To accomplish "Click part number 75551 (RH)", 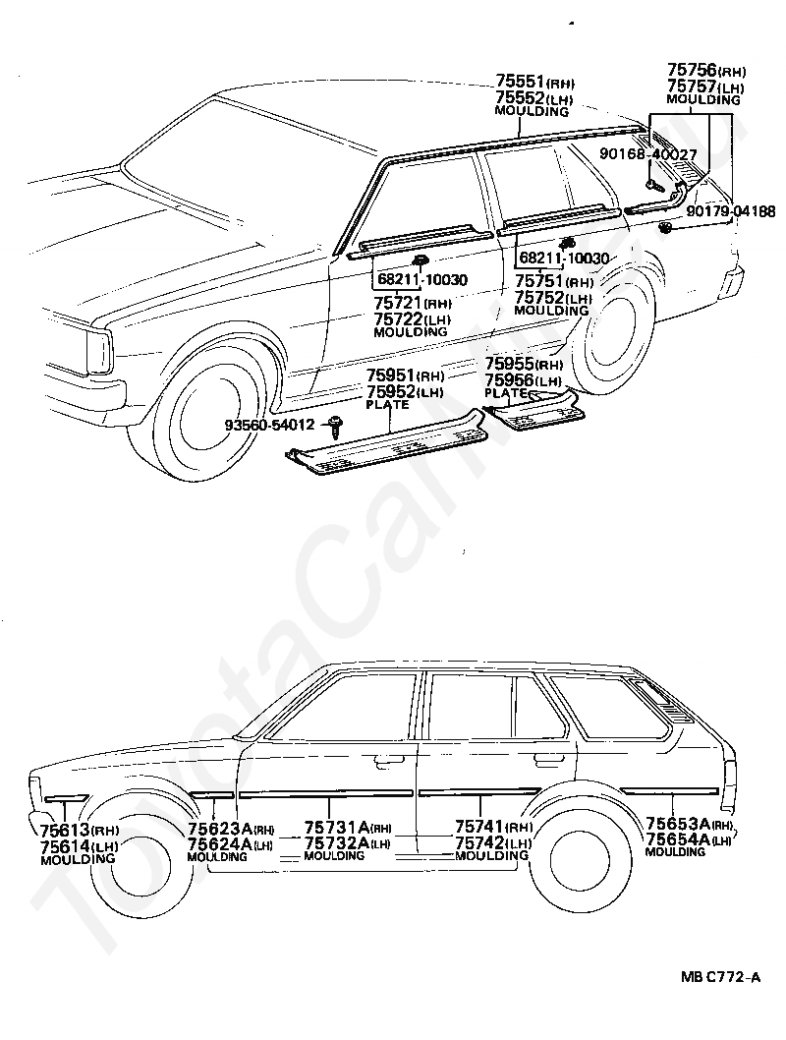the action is pyautogui.click(x=535, y=82).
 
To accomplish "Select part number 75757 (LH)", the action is pyautogui.click(x=705, y=87).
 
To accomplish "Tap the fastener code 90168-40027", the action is pyautogui.click(x=648, y=154).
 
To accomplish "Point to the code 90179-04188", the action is pyautogui.click(x=731, y=211).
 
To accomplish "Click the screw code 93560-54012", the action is pyautogui.click(x=270, y=424).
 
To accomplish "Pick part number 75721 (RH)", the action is pyautogui.click(x=413, y=303).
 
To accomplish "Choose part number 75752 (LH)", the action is pyautogui.click(x=553, y=298).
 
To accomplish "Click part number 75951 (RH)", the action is pyautogui.click(x=405, y=376).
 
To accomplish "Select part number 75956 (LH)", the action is pyautogui.click(x=524, y=380).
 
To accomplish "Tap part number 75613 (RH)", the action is pyautogui.click(x=80, y=831).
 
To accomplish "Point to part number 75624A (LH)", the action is pyautogui.click(x=230, y=844).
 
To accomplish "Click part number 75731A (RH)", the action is pyautogui.click(x=348, y=828).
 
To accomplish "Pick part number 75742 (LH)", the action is pyautogui.click(x=493, y=843).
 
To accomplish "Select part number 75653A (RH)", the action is pyautogui.click(x=690, y=824).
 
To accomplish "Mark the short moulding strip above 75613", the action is pyautogui.click(x=65, y=798).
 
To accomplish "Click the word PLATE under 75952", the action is pyautogui.click(x=388, y=404).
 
